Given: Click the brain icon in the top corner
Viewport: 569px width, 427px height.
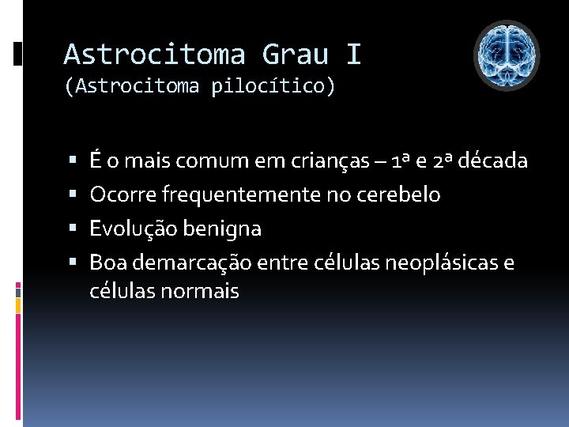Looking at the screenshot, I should (507, 55).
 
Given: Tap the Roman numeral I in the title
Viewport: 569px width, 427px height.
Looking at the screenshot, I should (352, 55).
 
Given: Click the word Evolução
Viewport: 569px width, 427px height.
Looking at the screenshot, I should (133, 229).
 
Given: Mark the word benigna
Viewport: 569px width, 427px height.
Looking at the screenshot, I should (222, 229).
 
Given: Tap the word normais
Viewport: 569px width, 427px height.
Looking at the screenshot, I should (199, 292).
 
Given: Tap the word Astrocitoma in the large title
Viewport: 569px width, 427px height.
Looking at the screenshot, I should (154, 55).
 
